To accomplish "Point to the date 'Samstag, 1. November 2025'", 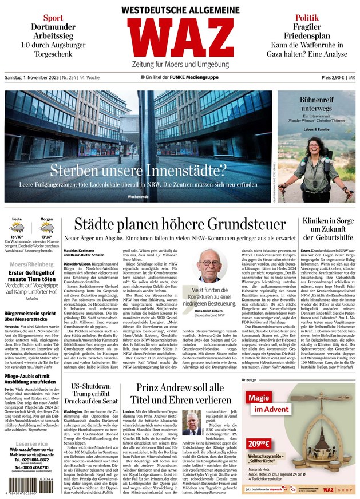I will [x=34, y=77].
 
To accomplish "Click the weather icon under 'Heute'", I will [x=18, y=228].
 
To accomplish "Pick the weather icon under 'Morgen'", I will [x=46, y=228].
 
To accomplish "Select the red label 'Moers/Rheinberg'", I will [x=31, y=263].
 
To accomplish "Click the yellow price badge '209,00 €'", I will [x=259, y=443].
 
